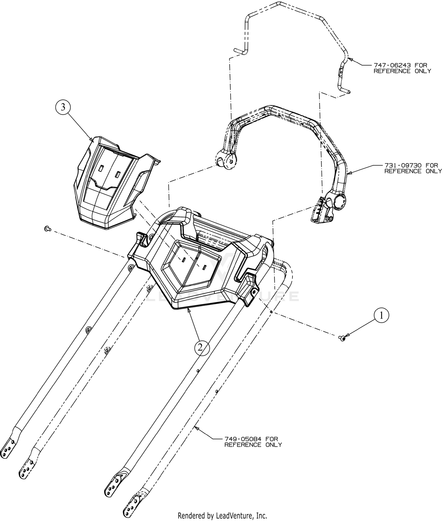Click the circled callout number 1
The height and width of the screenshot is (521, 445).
[382, 316]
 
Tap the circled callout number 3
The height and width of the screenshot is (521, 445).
[63, 107]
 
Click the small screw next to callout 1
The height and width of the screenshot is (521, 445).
[343, 338]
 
